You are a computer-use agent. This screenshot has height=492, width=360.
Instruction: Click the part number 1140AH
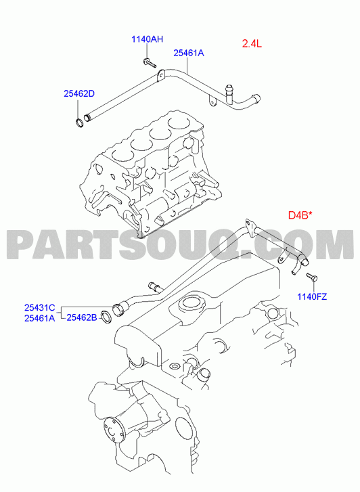[147, 39]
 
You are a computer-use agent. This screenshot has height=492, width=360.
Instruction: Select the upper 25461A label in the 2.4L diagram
[189, 53]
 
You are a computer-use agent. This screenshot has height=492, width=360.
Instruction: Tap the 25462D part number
[79, 93]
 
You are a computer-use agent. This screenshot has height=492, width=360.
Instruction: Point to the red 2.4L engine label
[252, 43]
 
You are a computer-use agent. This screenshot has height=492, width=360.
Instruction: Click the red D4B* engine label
[300, 215]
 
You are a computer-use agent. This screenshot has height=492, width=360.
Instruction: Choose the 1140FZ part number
[312, 296]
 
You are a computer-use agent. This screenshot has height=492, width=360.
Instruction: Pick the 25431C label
[40, 307]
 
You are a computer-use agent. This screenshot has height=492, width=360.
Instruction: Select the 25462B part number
[82, 318]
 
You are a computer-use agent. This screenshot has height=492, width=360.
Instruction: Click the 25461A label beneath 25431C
[40, 318]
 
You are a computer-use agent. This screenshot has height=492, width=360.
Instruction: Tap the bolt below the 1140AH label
[150, 63]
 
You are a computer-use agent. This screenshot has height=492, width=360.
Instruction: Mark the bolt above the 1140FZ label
[312, 276]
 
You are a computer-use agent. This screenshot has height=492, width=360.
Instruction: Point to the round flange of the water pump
[114, 430]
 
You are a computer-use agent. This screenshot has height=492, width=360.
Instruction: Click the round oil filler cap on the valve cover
[189, 303]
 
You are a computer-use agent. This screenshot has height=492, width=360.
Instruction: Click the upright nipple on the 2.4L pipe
[229, 92]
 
